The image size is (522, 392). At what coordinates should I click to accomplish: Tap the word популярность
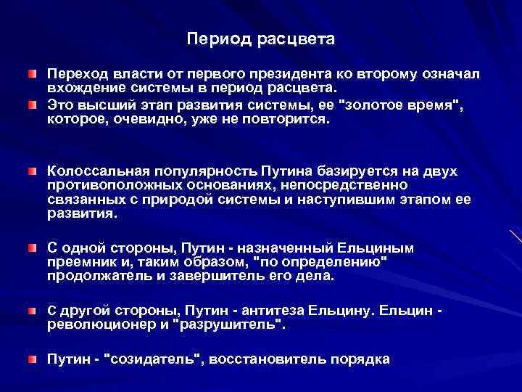tap(202, 170)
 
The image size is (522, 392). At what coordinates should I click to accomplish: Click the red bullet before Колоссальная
tap(32, 170)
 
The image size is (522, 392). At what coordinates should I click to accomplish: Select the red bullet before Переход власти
tap(32, 75)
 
